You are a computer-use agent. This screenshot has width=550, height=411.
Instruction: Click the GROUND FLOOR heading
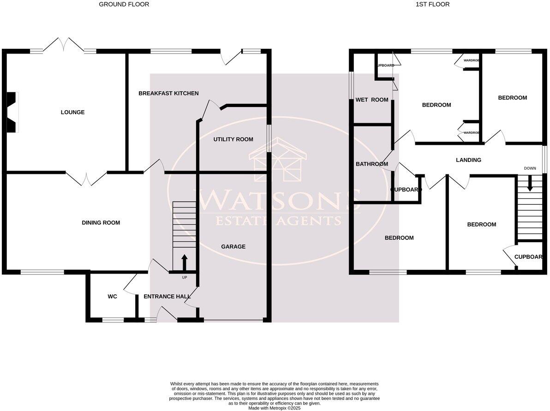tap(124, 5)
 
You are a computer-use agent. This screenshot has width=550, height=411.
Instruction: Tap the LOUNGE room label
tap(73, 112)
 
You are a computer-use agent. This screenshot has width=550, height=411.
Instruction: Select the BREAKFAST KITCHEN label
tap(168, 93)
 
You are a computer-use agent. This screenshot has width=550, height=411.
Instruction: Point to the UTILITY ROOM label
tap(233, 139)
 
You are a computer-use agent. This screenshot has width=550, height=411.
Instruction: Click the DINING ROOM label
tap(101, 223)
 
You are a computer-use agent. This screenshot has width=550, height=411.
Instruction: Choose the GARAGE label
tap(233, 247)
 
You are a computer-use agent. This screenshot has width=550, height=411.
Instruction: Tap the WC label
tap(112, 297)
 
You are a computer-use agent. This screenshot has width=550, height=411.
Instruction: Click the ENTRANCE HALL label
tap(167, 297)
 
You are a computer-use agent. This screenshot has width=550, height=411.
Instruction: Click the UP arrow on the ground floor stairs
tap(184, 262)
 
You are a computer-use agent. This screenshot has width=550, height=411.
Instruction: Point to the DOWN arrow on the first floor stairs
tap(530, 184)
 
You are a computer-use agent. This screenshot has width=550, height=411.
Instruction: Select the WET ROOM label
tap(372, 100)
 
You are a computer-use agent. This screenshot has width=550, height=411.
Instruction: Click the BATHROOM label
tap(371, 164)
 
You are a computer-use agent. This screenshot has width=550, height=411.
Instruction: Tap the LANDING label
tap(468, 160)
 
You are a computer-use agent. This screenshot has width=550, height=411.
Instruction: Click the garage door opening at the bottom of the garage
tap(233, 320)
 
